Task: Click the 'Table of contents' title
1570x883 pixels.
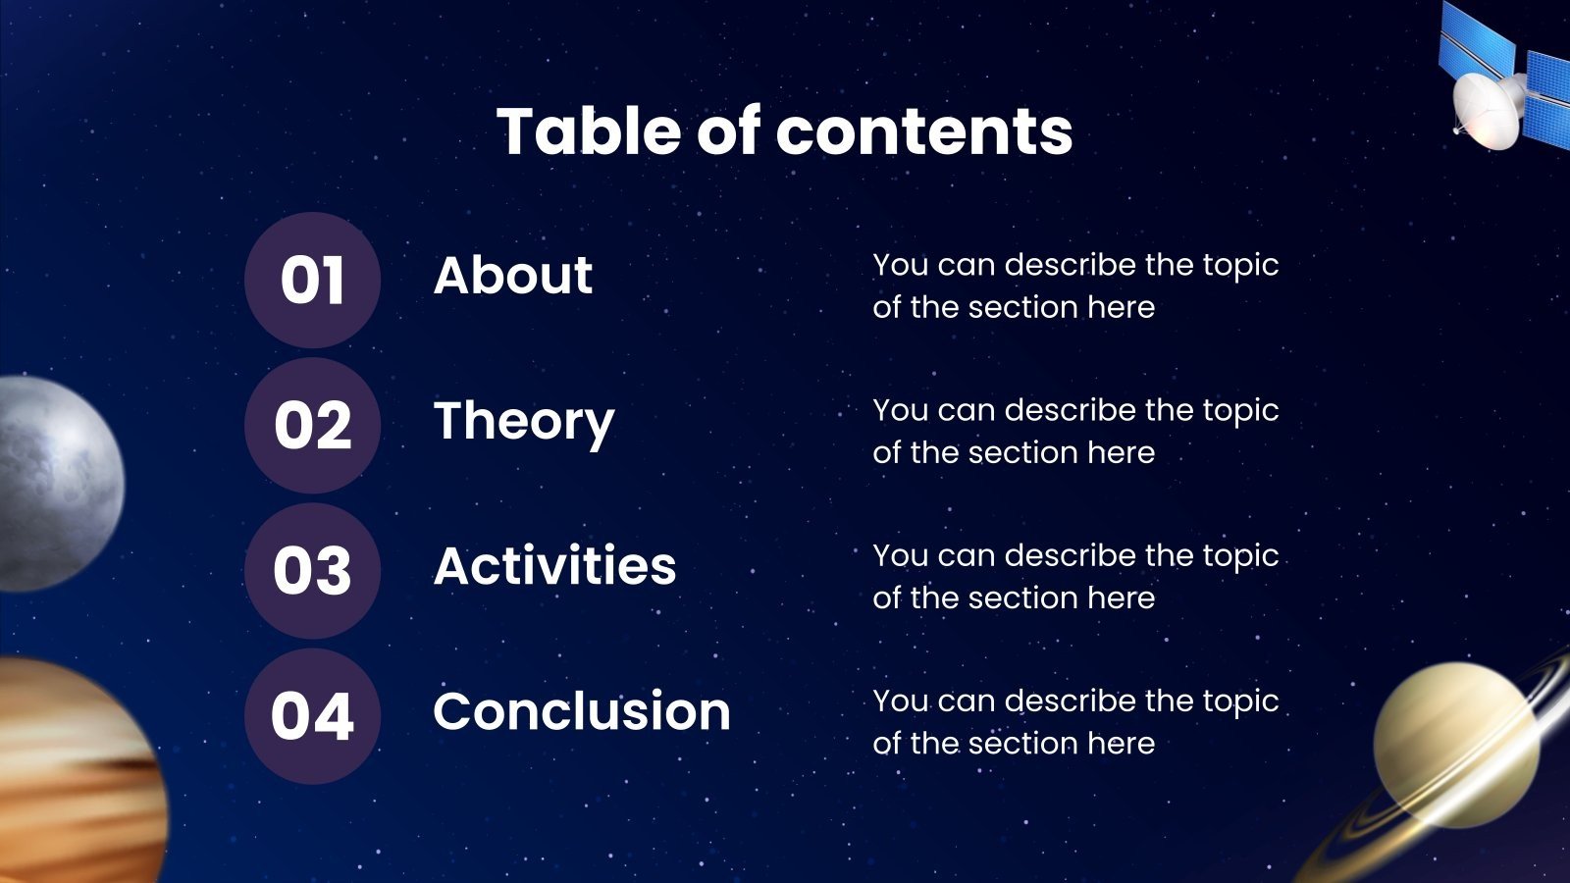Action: [784, 131]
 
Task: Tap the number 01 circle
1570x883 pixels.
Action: [313, 281]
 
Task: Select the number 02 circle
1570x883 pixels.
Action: [313, 426]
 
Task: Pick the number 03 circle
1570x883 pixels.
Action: [313, 570]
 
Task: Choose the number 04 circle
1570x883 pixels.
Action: [313, 715]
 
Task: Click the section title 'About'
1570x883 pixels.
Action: [513, 275]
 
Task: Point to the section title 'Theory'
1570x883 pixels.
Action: [524, 423]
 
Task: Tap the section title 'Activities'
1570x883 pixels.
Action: [555, 565]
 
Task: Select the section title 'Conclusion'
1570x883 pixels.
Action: [582, 710]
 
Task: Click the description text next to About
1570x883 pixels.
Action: [1075, 286]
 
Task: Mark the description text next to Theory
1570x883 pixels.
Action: [1075, 431]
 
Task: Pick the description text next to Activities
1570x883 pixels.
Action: [1075, 576]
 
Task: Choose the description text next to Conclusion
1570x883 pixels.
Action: [1075, 721]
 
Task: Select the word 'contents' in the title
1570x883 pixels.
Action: [924, 131]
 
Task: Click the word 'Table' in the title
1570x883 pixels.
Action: [589, 131]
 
